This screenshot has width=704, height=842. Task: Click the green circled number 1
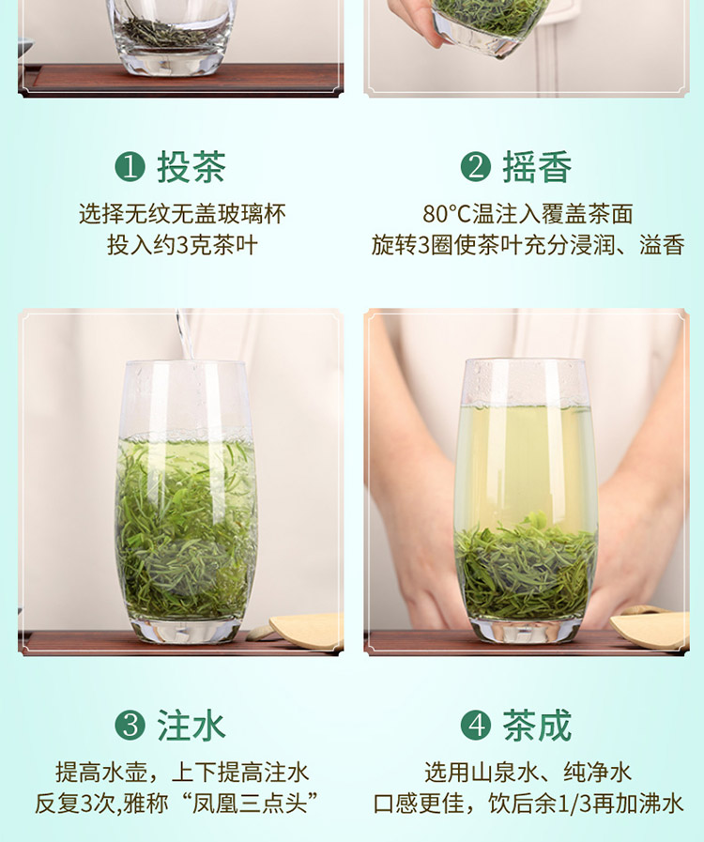(130, 166)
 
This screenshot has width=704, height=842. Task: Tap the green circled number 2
(476, 166)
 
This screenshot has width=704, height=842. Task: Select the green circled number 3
(130, 726)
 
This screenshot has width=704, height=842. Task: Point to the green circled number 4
(476, 726)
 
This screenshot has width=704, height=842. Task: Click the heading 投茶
(191, 166)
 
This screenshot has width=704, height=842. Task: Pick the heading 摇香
(537, 166)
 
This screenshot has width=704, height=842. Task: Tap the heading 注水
(191, 726)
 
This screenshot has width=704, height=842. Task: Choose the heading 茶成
(537, 726)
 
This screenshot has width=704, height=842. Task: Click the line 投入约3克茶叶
(183, 245)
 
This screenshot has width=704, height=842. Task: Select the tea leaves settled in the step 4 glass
(525, 569)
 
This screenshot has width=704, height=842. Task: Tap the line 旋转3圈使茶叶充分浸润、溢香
(528, 245)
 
